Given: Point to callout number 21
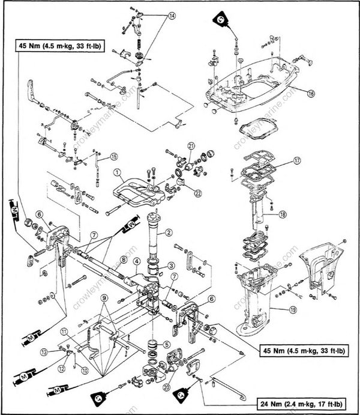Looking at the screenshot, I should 191,146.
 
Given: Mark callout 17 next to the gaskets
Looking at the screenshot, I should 296,161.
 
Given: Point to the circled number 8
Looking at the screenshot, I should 122,260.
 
